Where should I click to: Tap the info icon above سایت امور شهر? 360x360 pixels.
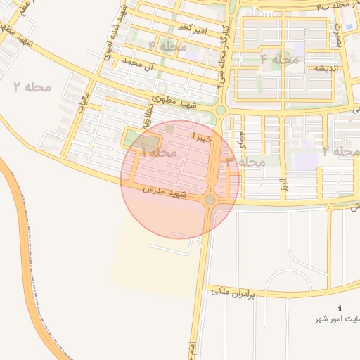click(340, 308)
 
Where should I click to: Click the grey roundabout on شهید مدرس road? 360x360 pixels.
click(210, 200)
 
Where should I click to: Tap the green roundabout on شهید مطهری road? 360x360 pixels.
click(220, 110)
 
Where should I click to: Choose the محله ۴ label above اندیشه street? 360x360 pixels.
click(280, 59)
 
